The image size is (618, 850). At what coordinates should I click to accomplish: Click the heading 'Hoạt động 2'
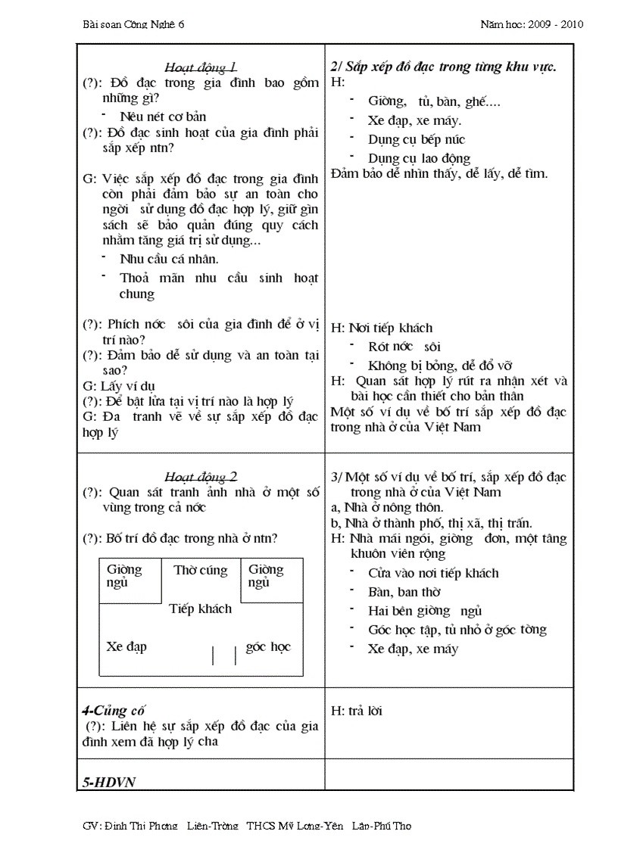201,477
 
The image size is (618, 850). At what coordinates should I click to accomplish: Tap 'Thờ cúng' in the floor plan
201,571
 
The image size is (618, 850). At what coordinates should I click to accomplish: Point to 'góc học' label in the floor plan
268,646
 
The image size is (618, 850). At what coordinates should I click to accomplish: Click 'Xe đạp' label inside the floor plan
126,646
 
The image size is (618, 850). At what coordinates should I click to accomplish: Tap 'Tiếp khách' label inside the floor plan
201,609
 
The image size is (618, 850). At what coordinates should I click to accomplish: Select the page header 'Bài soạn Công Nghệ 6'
133,24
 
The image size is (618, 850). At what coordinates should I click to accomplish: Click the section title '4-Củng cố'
113,711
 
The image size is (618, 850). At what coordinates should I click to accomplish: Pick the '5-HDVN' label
108,782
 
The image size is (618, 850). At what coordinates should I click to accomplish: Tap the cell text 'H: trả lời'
357,711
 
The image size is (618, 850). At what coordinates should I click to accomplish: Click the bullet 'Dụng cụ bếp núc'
416,139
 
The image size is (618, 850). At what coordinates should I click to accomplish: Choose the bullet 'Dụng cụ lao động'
419,158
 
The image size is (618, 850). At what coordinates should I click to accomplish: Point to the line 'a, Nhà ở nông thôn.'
388,507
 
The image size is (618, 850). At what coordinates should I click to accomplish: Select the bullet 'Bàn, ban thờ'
404,592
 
